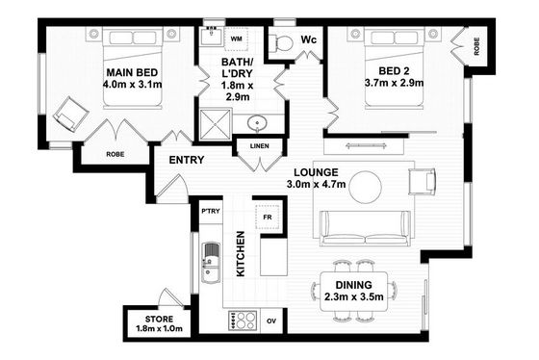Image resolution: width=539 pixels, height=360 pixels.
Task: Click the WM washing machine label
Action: (x=236, y=39)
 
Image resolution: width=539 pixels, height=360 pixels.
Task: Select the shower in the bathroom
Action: (x=216, y=124)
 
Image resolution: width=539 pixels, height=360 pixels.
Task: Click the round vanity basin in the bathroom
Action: (x=257, y=123)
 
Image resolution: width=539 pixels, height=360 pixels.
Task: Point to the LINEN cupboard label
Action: (x=260, y=146)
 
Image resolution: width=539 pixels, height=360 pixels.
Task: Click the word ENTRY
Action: (x=187, y=160)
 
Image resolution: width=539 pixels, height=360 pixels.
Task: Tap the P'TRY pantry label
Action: (x=211, y=211)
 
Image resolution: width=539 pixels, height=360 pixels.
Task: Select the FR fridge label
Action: (x=268, y=218)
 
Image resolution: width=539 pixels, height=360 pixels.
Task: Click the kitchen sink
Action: (x=211, y=263)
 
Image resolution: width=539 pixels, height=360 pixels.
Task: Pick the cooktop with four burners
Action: (x=243, y=321)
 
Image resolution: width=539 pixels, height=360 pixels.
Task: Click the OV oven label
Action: (x=271, y=321)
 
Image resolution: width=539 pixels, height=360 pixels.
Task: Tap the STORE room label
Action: (x=159, y=319)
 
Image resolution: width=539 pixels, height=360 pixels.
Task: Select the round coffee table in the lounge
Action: (x=366, y=187)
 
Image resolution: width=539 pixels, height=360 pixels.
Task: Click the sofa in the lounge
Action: (x=366, y=228)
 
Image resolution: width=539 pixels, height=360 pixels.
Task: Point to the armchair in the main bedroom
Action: (x=71, y=114)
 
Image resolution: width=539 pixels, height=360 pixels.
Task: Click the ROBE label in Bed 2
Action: (x=476, y=46)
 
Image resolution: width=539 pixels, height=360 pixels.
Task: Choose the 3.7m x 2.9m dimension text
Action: (x=394, y=83)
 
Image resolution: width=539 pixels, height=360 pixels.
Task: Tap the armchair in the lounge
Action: (x=423, y=181)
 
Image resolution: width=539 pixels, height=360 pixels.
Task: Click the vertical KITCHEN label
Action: (x=241, y=253)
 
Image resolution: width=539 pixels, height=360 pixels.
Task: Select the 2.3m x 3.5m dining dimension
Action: (x=354, y=296)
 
